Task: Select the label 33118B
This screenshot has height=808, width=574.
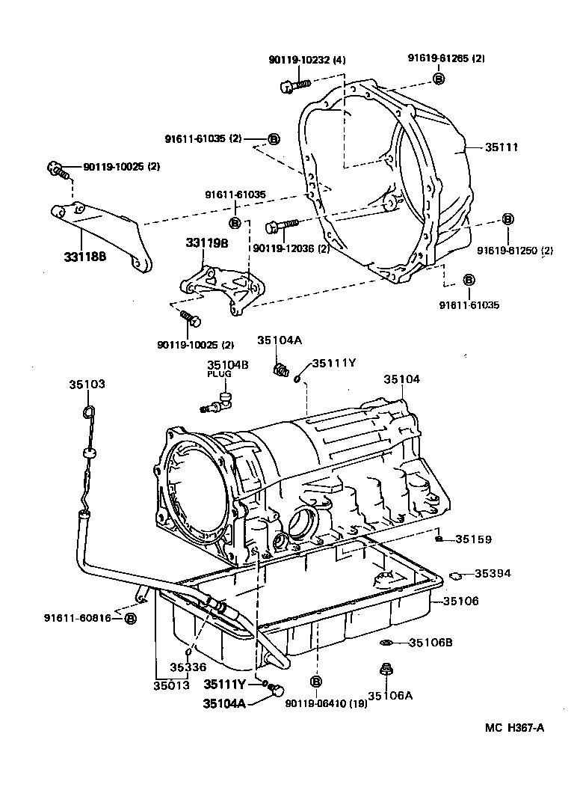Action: tap(85, 256)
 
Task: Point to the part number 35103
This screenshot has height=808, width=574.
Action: tap(87, 384)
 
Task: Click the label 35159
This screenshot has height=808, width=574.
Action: tap(474, 539)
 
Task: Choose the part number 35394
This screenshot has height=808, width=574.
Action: tap(474, 574)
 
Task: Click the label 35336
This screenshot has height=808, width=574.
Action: tap(188, 667)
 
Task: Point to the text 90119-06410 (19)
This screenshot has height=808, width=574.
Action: tap(327, 703)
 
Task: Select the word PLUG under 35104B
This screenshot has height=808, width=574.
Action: tap(217, 375)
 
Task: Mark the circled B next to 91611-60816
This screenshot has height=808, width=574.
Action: tap(130, 618)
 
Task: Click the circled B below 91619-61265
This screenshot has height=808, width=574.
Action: tap(439, 78)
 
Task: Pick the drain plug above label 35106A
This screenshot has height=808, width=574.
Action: tap(386, 671)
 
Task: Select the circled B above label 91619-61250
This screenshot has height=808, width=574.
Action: tap(507, 219)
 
